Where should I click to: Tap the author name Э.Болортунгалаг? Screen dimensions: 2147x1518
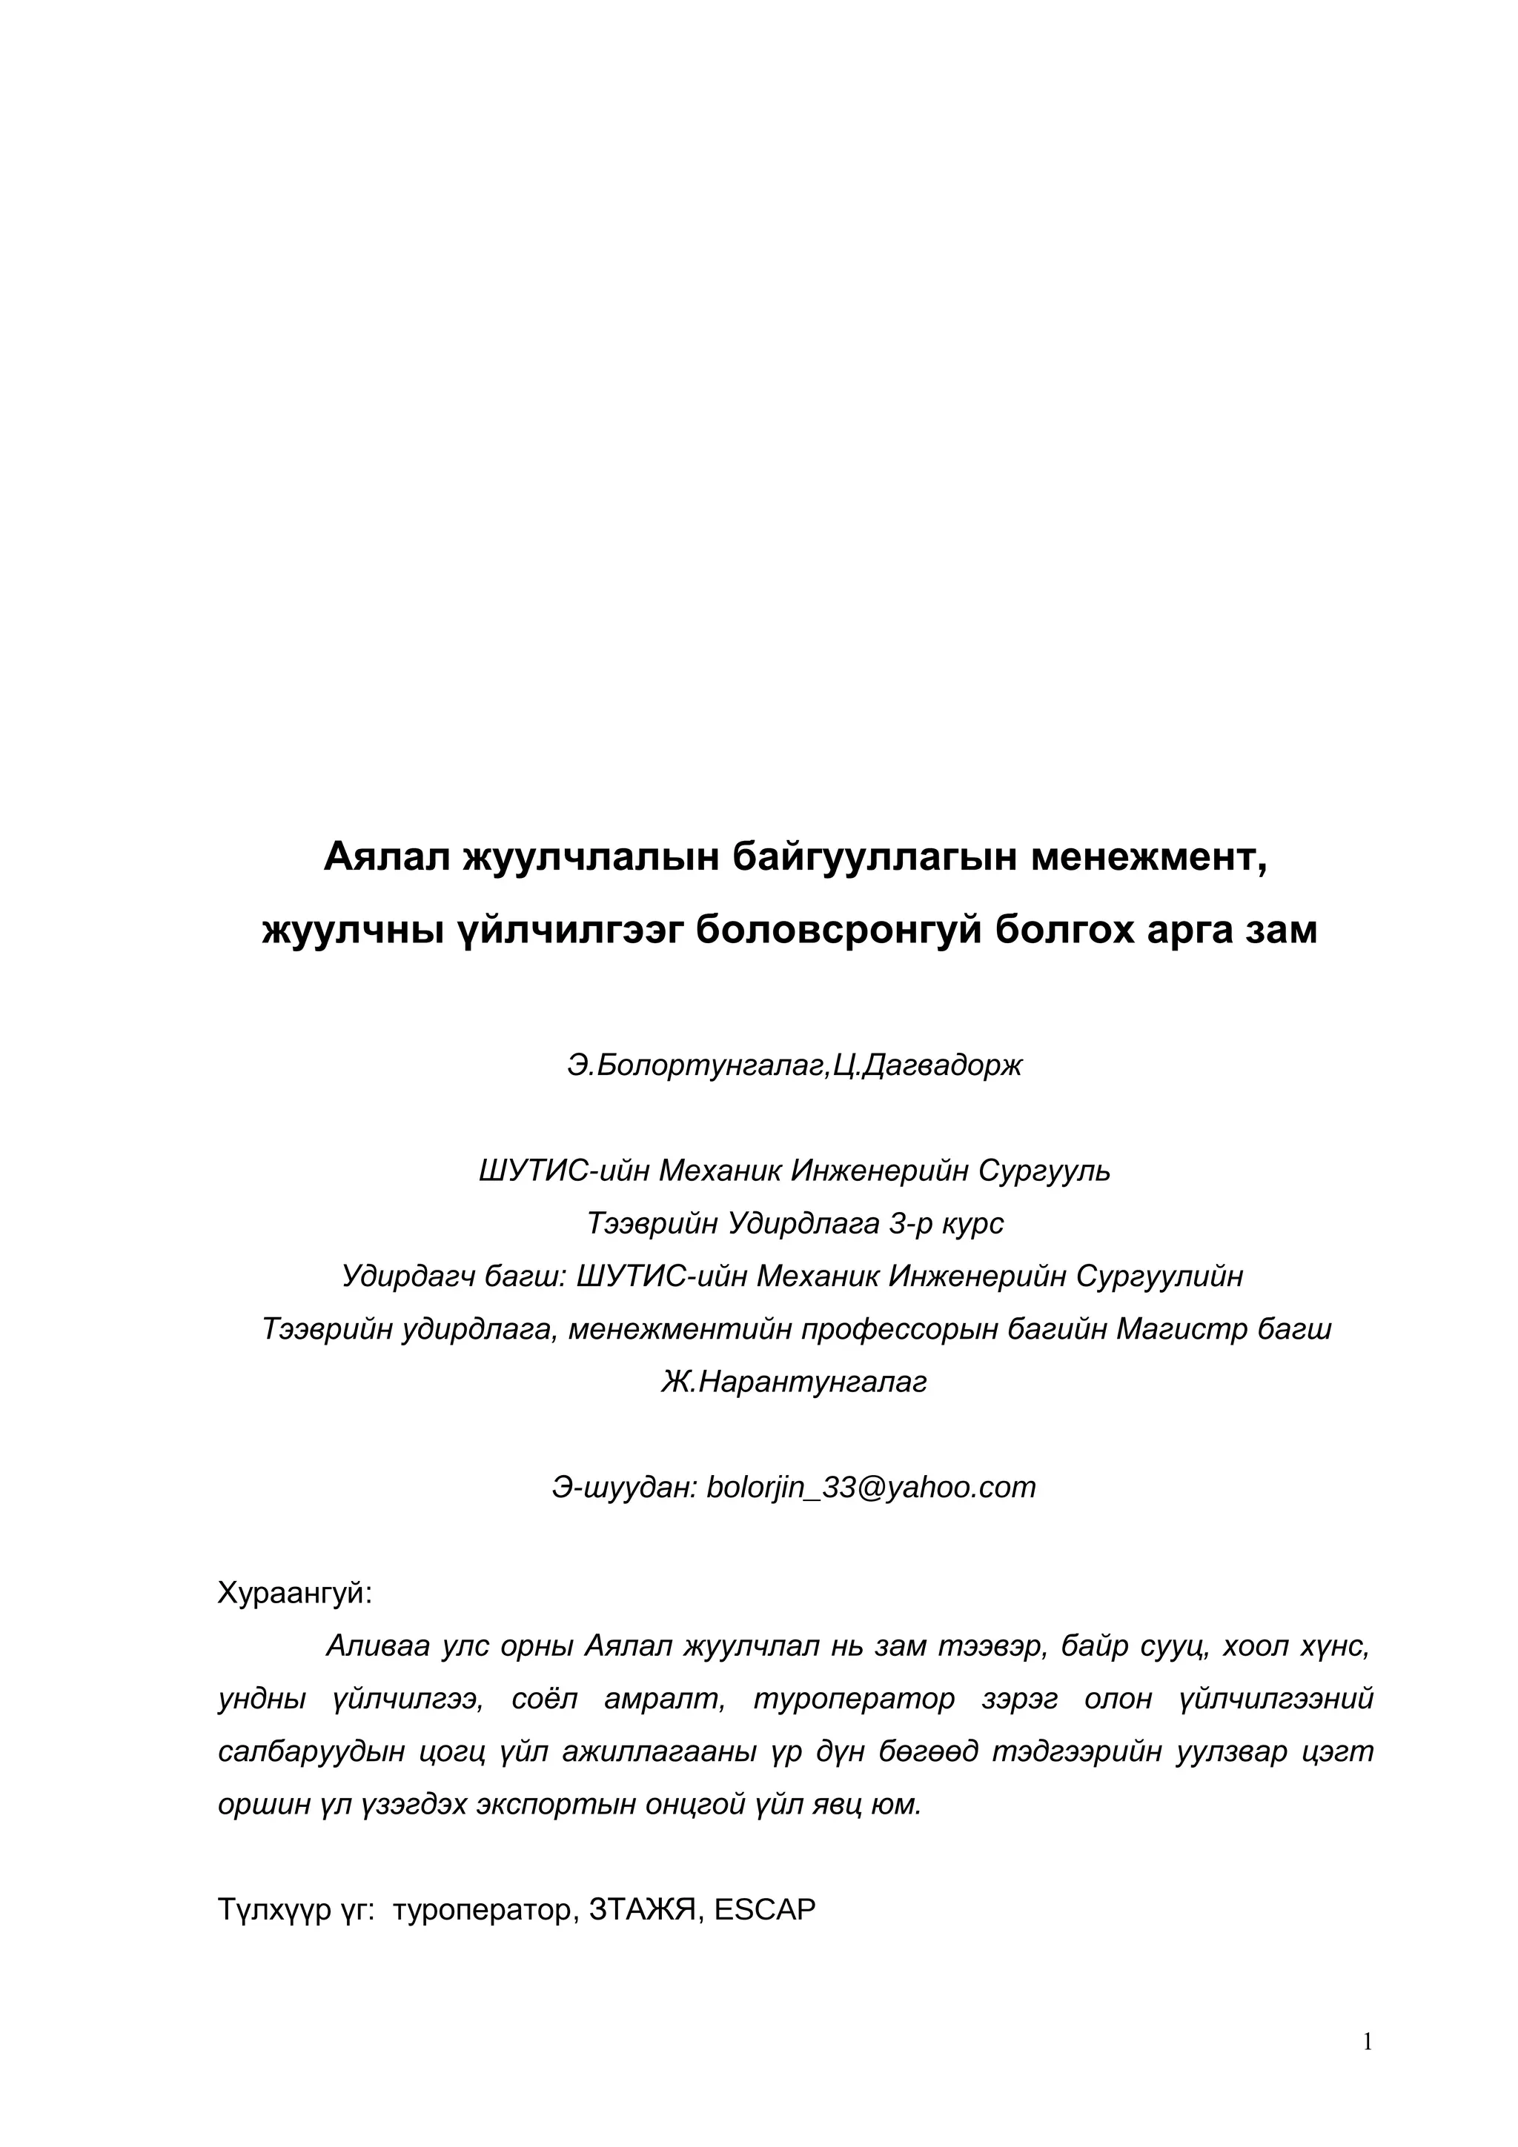(697, 1065)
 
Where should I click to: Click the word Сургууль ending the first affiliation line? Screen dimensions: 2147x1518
(1044, 1171)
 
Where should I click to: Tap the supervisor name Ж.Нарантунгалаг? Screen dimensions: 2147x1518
(793, 1381)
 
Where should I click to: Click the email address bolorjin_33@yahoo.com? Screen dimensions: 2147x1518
(871, 1487)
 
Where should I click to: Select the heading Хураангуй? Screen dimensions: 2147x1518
(294, 1593)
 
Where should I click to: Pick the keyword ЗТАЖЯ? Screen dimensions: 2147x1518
(646, 1909)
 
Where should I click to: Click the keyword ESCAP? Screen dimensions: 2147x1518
(764, 1909)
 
